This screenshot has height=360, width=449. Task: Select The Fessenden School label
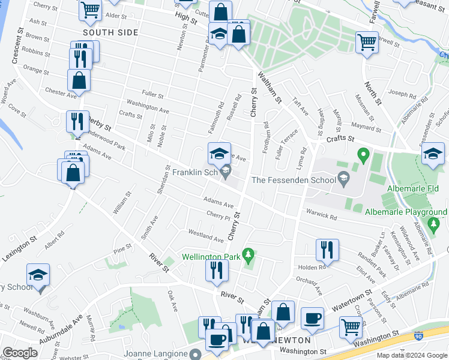pyautogui.click(x=293, y=179)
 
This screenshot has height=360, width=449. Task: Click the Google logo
pyautogui.click(x=20, y=353)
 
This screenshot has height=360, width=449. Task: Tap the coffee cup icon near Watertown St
pyautogui.click(x=312, y=318)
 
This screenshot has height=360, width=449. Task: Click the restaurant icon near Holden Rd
pyautogui.click(x=327, y=249)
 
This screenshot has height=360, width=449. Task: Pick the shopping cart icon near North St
pyautogui.click(x=367, y=42)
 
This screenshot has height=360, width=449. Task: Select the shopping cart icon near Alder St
pyautogui.click(x=90, y=8)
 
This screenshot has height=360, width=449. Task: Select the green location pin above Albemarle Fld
pyautogui.click(x=363, y=155)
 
